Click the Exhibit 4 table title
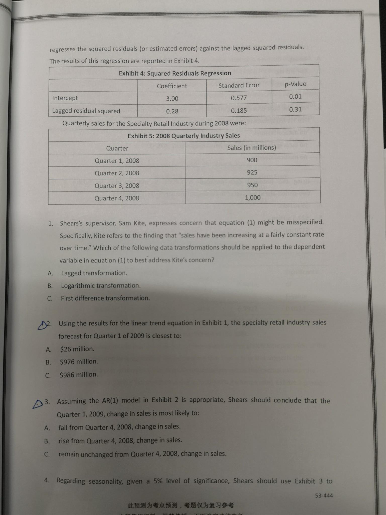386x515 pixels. click(175, 73)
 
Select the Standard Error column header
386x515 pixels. click(239, 85)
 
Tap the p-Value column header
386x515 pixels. click(295, 84)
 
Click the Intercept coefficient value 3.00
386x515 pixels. click(172, 99)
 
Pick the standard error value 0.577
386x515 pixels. click(239, 98)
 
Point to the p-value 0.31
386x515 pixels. click(295, 109)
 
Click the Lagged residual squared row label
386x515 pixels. click(86, 111)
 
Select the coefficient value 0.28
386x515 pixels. click(172, 111)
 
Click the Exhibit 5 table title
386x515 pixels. click(184, 136)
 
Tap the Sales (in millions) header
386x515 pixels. click(252, 148)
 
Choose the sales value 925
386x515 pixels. click(252, 172)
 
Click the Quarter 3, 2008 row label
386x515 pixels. click(117, 186)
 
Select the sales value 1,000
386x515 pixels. click(253, 198)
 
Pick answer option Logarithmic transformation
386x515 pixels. click(101, 286)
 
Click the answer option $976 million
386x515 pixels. click(79, 362)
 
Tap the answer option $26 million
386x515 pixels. click(77, 349)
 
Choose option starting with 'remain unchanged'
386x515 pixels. click(142, 454)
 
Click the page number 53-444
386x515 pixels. click(324, 496)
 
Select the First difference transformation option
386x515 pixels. click(105, 298)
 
